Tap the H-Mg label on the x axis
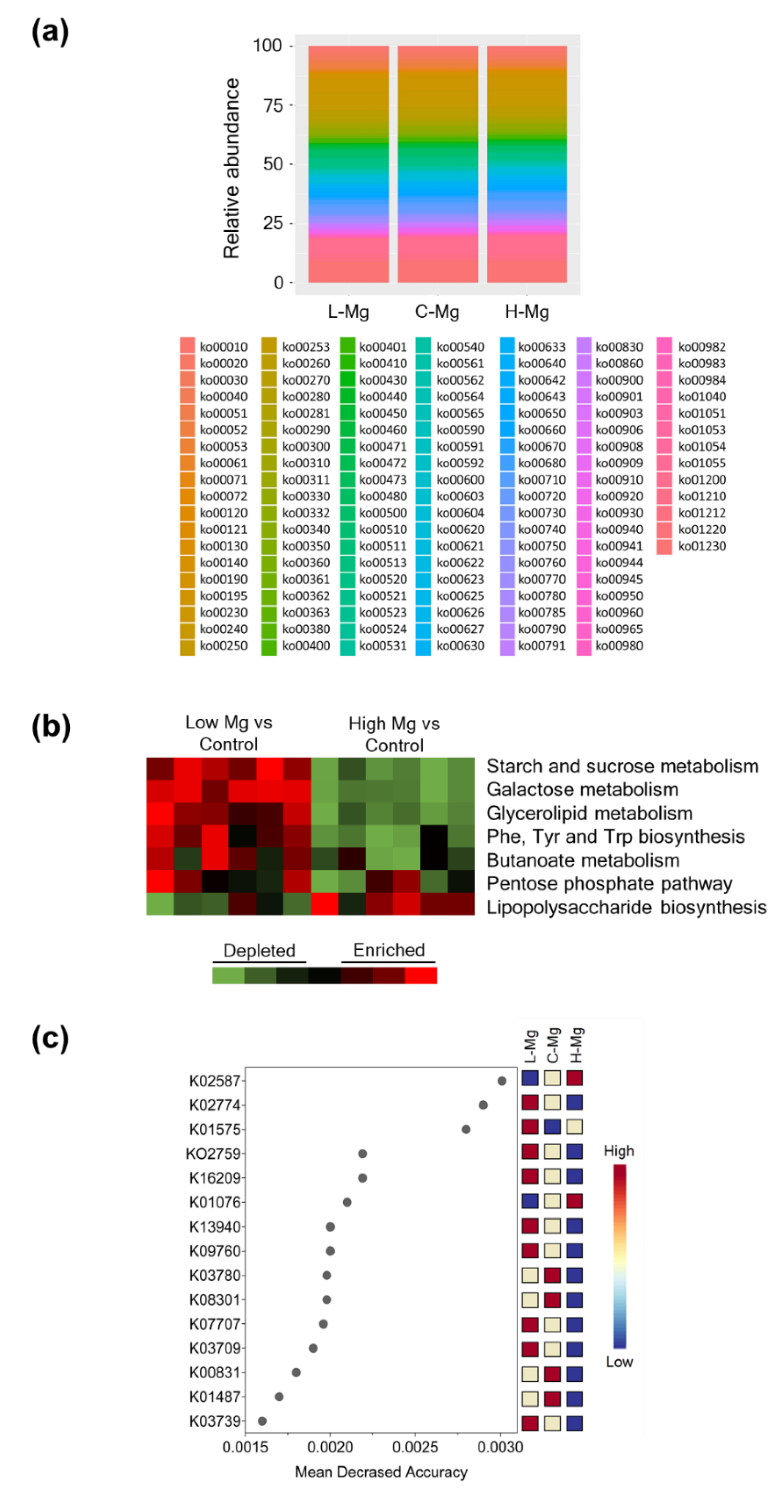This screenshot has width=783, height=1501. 527,312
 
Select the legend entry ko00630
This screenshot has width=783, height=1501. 460,646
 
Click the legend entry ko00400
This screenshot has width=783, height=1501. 306,646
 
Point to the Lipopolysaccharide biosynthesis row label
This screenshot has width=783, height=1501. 626,907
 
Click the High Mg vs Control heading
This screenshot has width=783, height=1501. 394,734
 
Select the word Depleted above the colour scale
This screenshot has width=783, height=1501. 259,951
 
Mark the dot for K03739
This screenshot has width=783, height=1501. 262,1421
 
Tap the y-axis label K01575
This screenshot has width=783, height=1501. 215,1129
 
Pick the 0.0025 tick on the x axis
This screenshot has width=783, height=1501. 415,1447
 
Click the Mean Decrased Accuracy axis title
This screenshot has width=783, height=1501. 381,1472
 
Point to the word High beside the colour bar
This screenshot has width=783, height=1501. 619,1151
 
